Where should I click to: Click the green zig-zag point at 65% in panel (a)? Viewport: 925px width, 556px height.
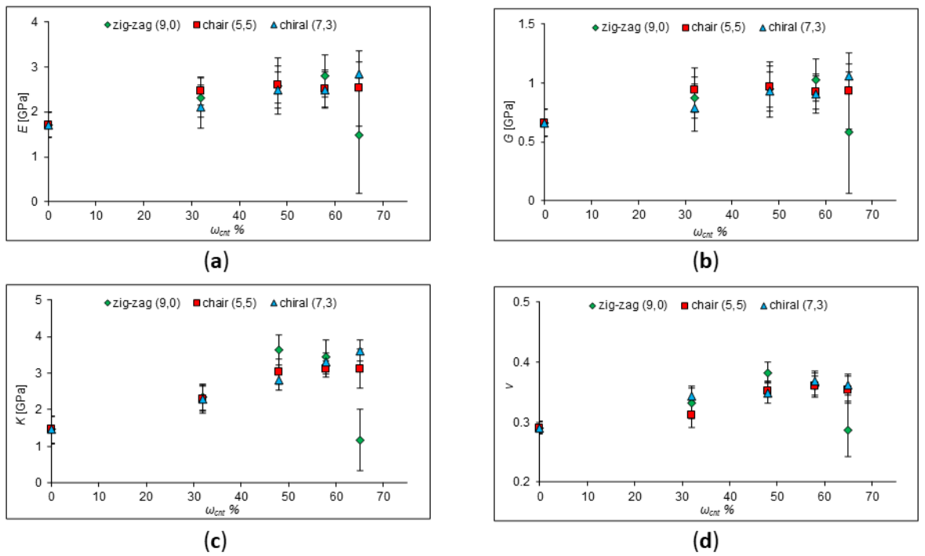point(359,135)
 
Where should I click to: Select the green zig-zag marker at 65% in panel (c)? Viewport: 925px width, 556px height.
point(360,440)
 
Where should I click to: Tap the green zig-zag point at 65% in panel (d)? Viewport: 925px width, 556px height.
point(847,430)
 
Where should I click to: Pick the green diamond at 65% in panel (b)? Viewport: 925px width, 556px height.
point(849,132)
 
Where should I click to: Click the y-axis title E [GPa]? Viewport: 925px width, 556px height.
point(23,114)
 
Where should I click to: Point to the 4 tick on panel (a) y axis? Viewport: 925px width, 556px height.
point(35,22)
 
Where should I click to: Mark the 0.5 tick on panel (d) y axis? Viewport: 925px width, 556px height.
point(523,302)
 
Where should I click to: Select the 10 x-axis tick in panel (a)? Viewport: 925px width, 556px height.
point(96,214)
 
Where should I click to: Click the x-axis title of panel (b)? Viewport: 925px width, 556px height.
point(708,232)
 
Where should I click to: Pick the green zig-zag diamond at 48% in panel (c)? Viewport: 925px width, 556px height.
point(279,350)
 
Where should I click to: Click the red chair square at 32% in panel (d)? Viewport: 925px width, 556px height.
point(691,415)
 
